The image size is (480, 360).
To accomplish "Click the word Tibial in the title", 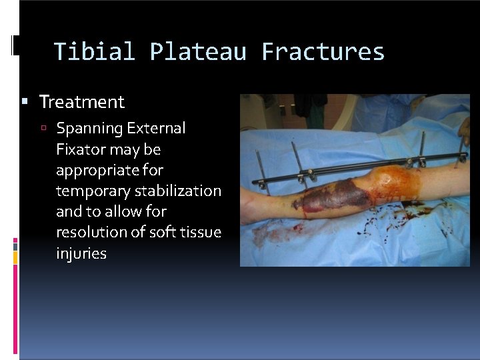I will click(93, 52).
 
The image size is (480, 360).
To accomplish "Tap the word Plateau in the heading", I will click(197, 52).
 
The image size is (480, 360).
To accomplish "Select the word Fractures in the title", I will click(323, 52).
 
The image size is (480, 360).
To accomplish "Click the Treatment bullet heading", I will click(82, 102).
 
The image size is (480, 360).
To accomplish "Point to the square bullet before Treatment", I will click(25, 102).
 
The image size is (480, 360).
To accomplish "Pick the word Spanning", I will click(90, 128).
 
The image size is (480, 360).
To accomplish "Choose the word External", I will click(157, 128).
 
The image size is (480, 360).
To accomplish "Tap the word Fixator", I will click(81, 149).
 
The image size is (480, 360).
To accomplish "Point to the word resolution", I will click(91, 233).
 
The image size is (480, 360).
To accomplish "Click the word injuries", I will click(81, 253).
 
